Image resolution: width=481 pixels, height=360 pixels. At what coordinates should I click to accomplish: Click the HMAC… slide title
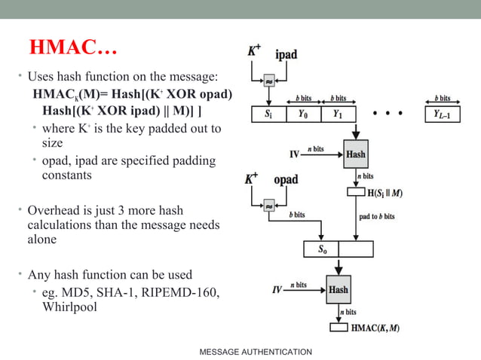coord(72,48)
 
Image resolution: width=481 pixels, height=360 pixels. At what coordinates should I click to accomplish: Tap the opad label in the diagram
coord(285,180)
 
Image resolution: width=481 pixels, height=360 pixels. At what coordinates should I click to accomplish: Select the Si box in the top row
coord(268,114)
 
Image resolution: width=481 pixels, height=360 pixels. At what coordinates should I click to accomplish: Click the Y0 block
coord(303,114)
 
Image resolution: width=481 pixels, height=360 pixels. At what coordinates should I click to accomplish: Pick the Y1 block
coord(337,114)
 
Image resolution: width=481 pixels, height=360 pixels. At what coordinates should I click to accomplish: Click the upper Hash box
coord(356,154)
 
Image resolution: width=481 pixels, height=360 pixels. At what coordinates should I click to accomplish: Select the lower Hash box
coord(339,289)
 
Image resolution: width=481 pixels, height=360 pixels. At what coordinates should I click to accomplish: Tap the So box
coord(321,249)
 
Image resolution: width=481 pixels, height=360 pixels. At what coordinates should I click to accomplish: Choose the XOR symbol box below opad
coord(268,205)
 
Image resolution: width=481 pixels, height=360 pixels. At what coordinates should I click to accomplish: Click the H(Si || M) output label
coord(384,193)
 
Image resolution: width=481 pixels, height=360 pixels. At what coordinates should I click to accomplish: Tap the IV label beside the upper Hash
coord(295,154)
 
